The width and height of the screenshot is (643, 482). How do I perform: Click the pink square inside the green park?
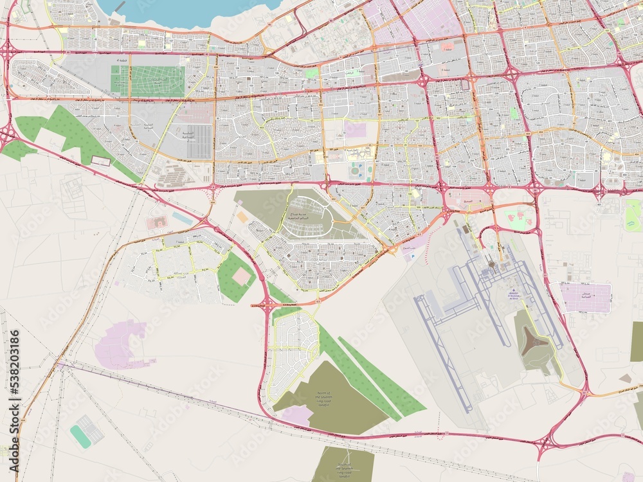tap(241, 276)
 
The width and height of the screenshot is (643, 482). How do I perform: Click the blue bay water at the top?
tap(186, 12)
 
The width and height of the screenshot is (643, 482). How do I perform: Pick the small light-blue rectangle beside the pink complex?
tap(182, 219)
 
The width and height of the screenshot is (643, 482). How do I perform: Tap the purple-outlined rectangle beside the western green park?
tap(101, 161)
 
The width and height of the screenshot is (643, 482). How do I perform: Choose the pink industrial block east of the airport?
tap(586, 297)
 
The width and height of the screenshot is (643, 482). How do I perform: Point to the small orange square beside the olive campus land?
tap(242, 217)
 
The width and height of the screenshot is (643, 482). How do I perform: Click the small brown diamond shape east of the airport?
tap(625, 379)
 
